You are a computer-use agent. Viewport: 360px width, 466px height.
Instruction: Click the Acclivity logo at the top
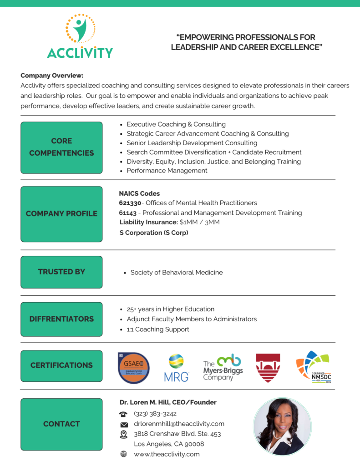click(80, 36)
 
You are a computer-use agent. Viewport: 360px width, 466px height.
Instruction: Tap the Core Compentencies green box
click(61, 147)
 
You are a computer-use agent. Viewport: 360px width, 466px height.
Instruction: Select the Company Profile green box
click(61, 214)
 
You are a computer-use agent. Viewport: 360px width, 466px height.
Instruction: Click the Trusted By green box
click(61, 272)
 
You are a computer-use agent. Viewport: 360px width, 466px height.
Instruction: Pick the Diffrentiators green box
click(61, 319)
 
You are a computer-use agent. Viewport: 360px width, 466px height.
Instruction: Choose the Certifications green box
click(61, 365)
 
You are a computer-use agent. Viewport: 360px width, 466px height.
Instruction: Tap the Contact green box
click(61, 424)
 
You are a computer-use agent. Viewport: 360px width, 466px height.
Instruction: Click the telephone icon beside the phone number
click(123, 414)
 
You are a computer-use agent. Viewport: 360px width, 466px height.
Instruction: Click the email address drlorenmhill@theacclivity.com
click(179, 424)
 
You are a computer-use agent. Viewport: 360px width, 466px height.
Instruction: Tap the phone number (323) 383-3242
click(155, 414)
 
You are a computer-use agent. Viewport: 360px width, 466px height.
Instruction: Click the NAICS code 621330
click(130, 203)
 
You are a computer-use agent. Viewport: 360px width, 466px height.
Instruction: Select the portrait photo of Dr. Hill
click(282, 426)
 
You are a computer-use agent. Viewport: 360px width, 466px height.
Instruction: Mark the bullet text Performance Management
click(167, 171)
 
